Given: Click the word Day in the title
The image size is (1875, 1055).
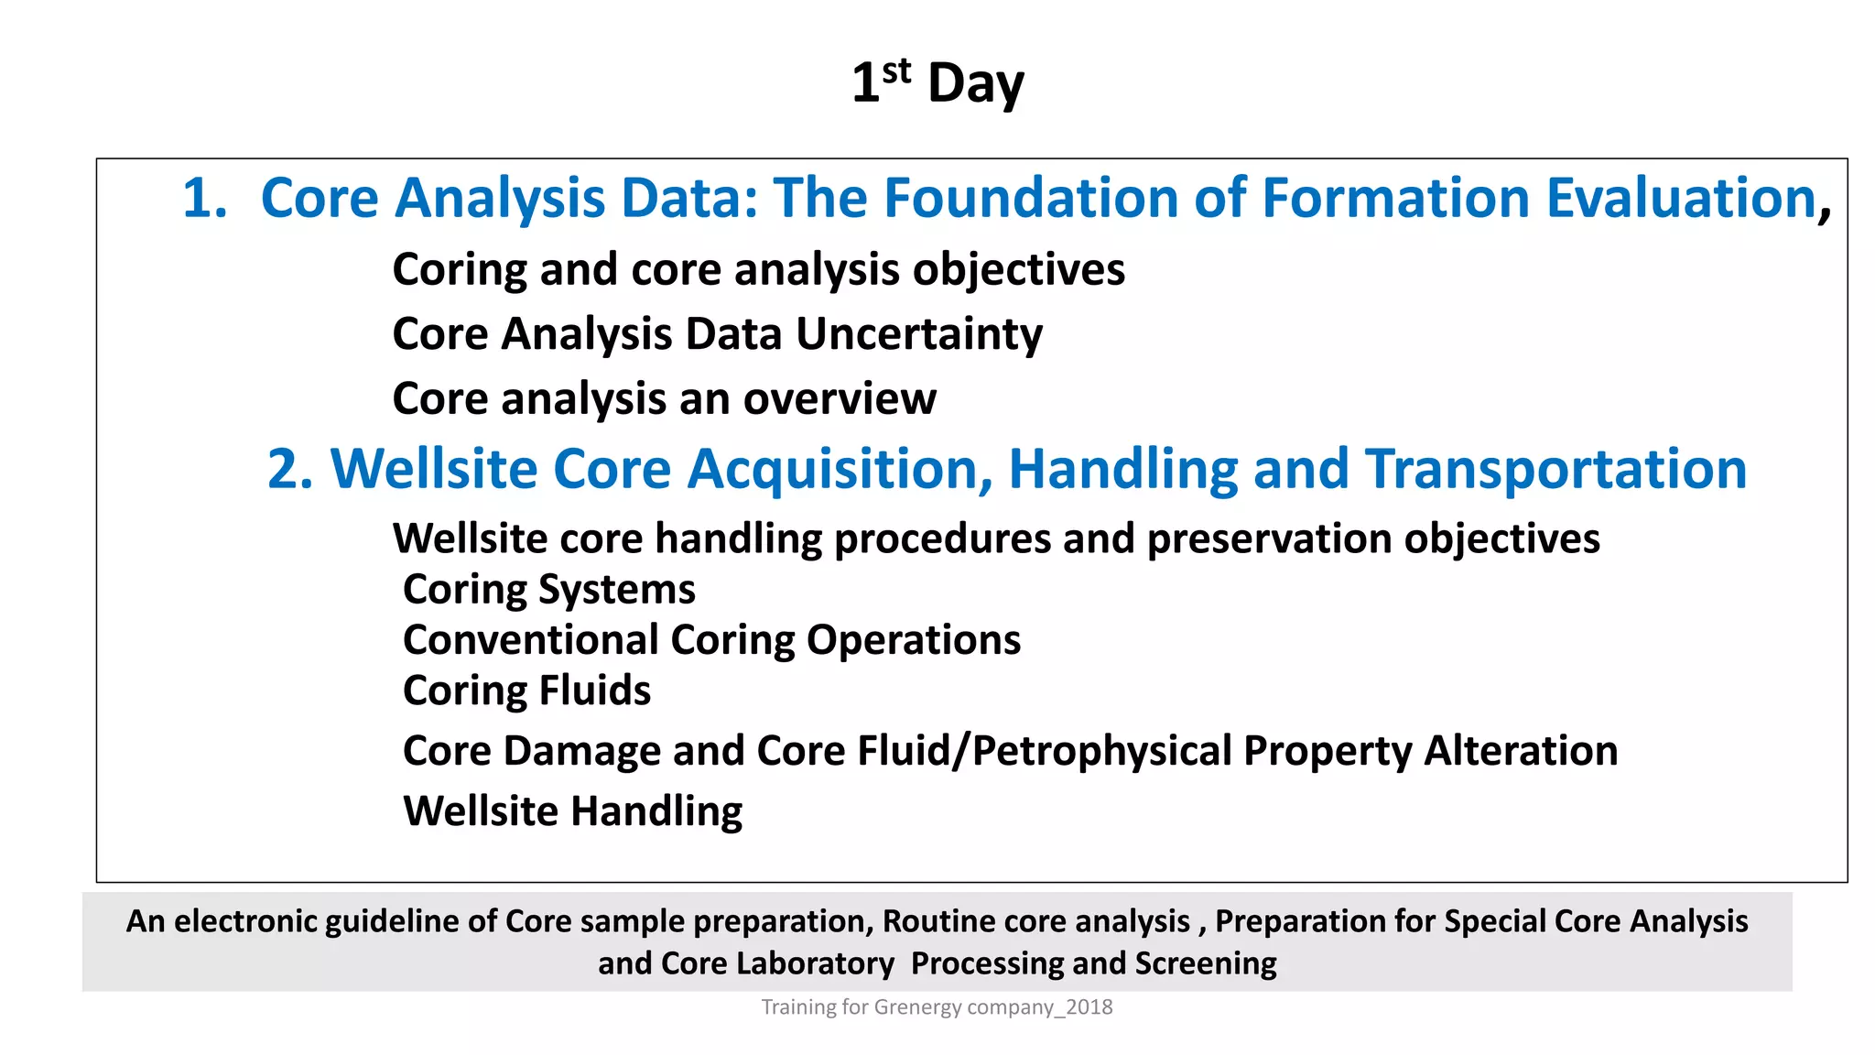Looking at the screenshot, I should [x=975, y=84].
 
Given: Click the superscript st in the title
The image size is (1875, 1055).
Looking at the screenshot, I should [x=896, y=71].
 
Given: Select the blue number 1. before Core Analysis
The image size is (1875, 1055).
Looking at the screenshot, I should [x=204, y=198].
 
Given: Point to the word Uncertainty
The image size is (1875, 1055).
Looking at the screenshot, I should [x=918, y=333].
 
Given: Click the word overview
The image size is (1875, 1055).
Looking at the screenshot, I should [x=840, y=398].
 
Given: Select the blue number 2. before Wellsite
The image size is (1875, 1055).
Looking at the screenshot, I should [x=290, y=469].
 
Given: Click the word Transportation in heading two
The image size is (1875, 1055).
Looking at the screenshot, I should [x=1555, y=469].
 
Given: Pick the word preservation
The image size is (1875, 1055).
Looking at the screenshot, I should [x=1270, y=538].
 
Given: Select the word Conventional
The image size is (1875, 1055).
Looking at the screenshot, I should [x=531, y=639].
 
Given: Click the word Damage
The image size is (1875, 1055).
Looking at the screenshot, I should [x=581, y=751].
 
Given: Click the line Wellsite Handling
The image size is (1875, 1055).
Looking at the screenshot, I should [x=572, y=811].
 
